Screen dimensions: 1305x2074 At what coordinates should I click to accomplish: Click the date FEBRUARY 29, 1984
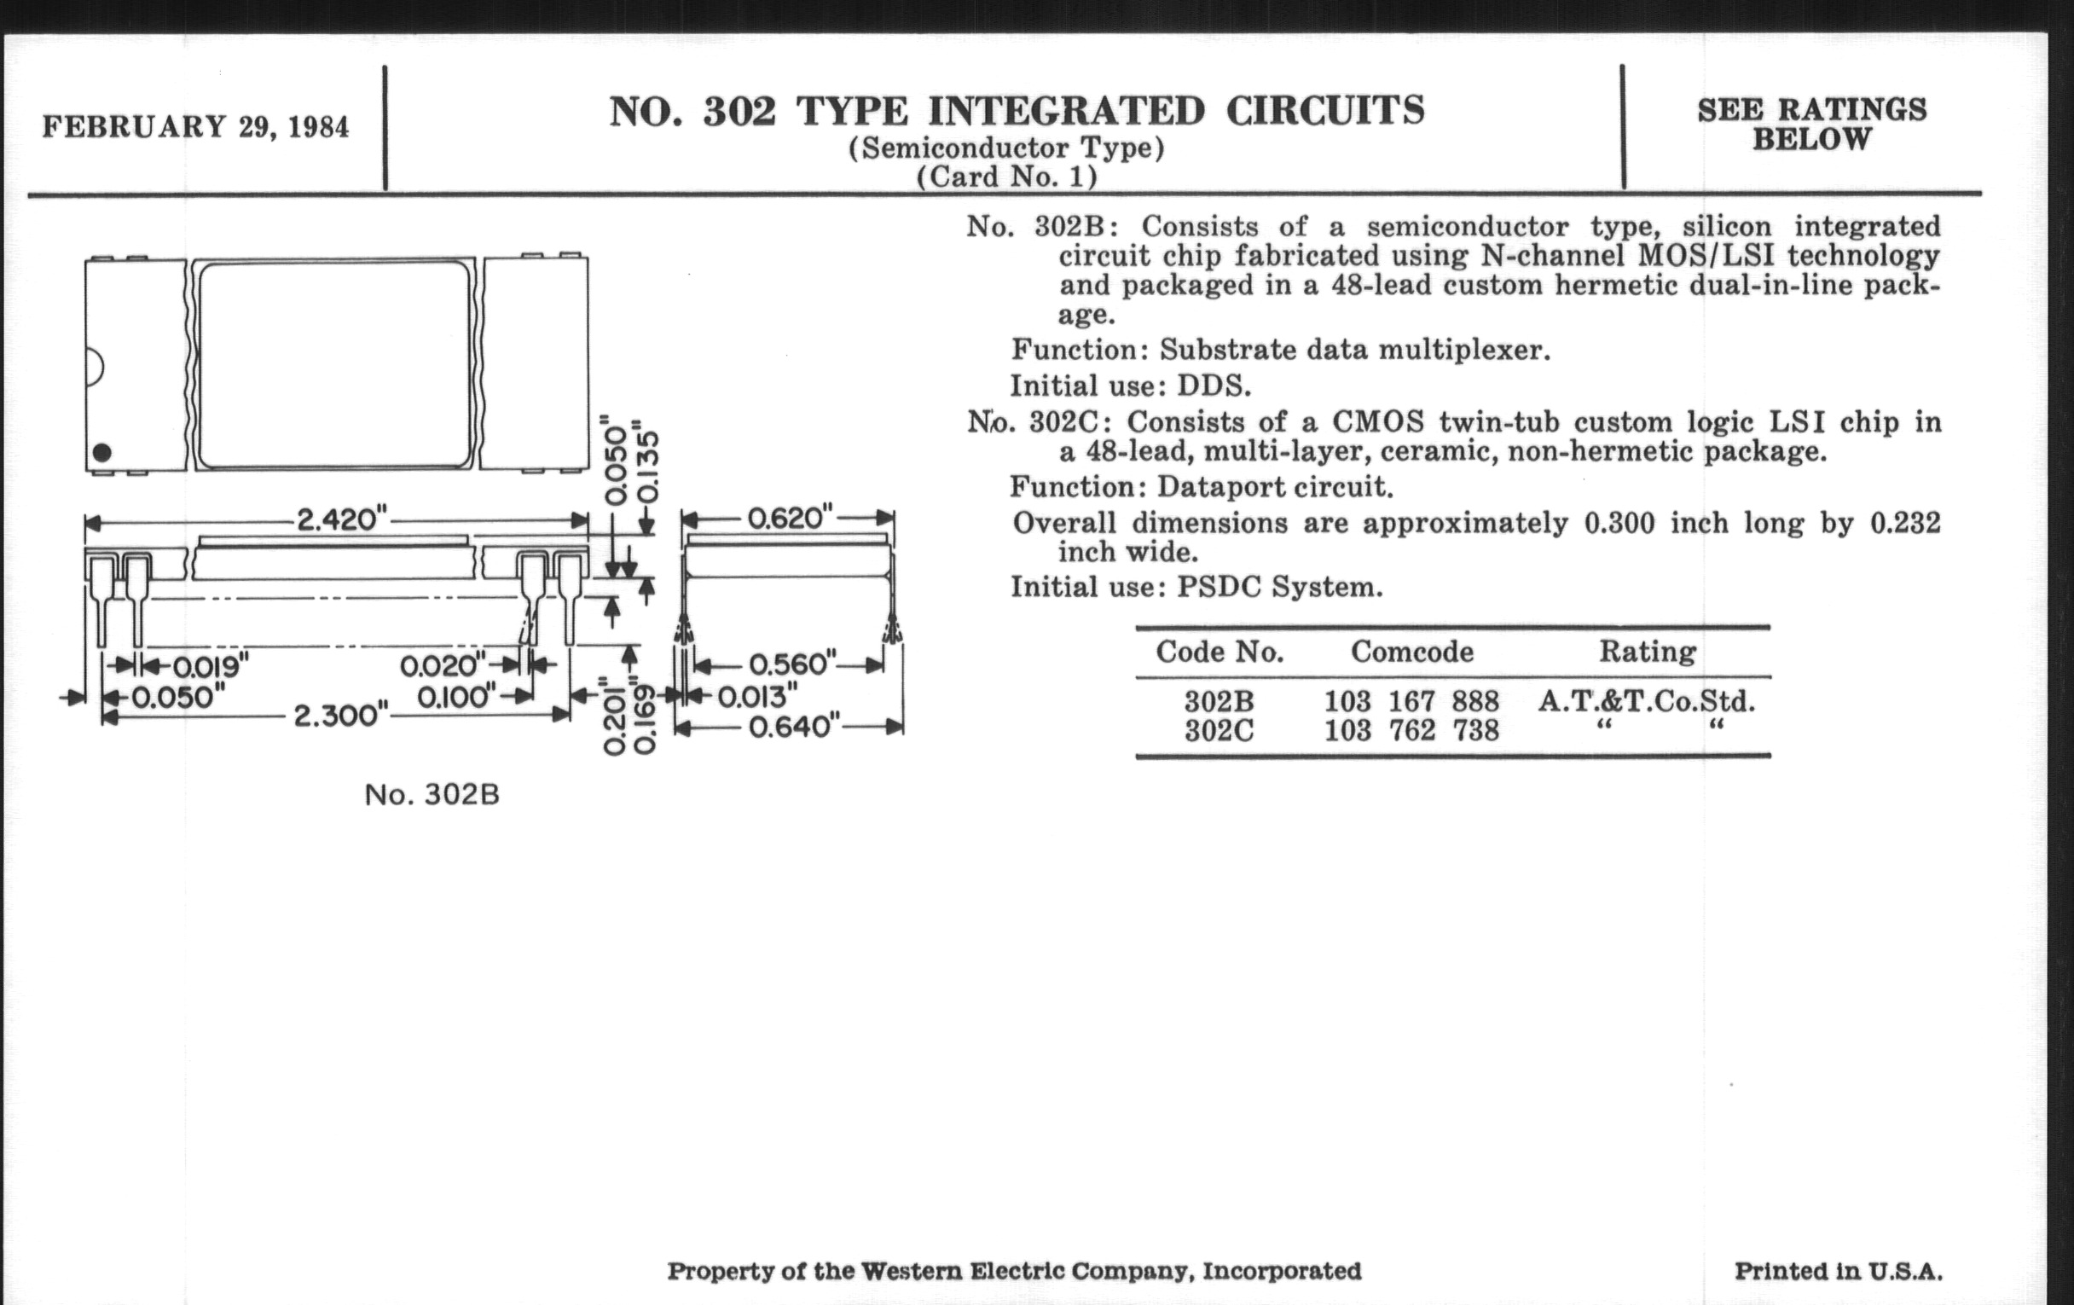click(195, 127)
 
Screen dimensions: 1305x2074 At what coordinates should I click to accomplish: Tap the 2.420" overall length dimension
click(342, 519)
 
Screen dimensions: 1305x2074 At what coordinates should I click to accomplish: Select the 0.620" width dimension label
click(790, 518)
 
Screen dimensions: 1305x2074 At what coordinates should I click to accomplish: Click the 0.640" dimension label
click(793, 727)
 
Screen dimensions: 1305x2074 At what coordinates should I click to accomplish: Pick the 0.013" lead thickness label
click(757, 696)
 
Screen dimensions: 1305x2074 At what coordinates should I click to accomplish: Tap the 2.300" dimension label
click(341, 715)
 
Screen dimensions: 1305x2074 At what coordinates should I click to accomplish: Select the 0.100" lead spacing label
click(456, 696)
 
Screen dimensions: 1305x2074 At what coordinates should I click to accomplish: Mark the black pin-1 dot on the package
click(101, 452)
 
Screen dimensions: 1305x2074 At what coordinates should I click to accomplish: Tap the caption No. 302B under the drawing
click(432, 794)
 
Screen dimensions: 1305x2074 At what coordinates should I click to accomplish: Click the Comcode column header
click(1411, 651)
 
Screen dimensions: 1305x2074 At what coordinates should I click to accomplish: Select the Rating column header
click(1647, 651)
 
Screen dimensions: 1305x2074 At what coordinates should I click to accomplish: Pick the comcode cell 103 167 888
click(1411, 701)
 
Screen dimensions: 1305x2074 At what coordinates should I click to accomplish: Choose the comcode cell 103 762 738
click(1411, 730)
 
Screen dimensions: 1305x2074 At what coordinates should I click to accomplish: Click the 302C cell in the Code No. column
click(1219, 730)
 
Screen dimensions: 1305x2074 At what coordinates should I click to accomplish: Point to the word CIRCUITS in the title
click(1324, 111)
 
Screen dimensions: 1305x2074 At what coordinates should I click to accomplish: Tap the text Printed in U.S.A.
click(1838, 1272)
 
